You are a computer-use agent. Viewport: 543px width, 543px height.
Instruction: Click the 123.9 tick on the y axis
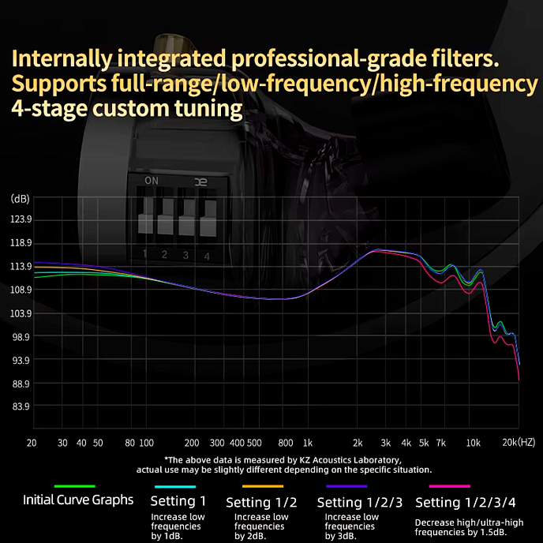(x=21, y=219)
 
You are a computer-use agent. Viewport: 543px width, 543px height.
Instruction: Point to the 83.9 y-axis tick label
(x=21, y=407)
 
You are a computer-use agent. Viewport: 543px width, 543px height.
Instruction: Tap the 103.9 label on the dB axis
(x=21, y=313)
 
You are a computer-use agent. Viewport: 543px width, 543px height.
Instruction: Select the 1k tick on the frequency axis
(x=308, y=444)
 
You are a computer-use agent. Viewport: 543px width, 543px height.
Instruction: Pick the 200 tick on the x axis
(x=191, y=444)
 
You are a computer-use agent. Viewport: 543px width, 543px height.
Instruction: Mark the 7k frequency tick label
(x=440, y=444)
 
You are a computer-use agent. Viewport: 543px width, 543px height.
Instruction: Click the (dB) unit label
(x=20, y=198)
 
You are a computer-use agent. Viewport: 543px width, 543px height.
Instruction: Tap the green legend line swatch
(x=74, y=486)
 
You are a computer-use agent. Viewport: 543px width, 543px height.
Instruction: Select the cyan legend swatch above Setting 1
(x=175, y=486)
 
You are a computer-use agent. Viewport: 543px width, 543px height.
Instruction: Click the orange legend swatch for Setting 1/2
(x=262, y=486)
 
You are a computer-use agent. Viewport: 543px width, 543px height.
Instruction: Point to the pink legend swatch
(x=449, y=486)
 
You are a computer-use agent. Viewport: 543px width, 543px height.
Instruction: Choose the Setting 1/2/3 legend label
(x=359, y=502)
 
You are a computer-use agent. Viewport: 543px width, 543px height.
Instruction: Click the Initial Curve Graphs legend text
(x=77, y=500)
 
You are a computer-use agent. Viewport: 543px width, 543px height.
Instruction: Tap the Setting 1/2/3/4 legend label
(x=465, y=502)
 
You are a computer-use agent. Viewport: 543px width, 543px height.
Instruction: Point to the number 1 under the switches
(x=145, y=254)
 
